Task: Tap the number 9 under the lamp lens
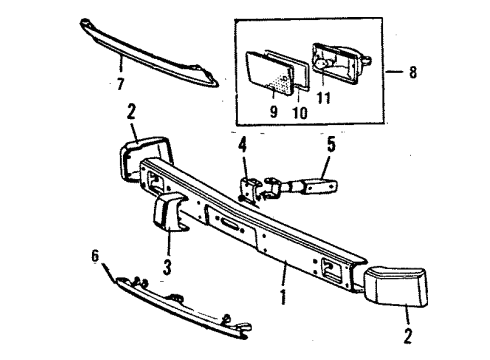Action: tap(273, 111)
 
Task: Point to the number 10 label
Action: tap(297, 111)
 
